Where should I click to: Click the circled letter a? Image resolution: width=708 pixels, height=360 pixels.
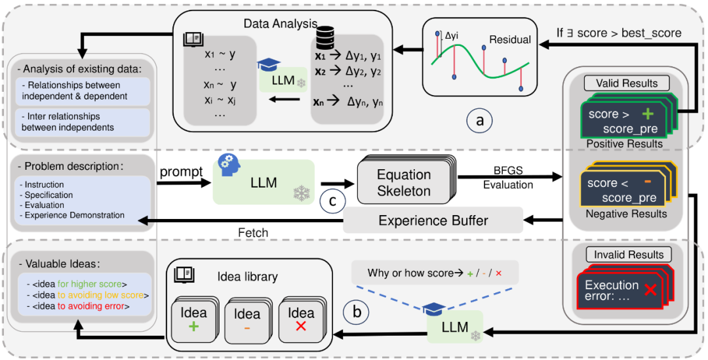480,120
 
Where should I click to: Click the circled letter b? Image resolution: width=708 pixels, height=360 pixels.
356,312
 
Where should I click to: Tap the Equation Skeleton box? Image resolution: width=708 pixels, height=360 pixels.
404,183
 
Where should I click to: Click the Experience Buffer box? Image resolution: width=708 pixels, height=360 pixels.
433,220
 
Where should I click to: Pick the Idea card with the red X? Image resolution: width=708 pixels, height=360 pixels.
302,320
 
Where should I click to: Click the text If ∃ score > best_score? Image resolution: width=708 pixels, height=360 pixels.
618,32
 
